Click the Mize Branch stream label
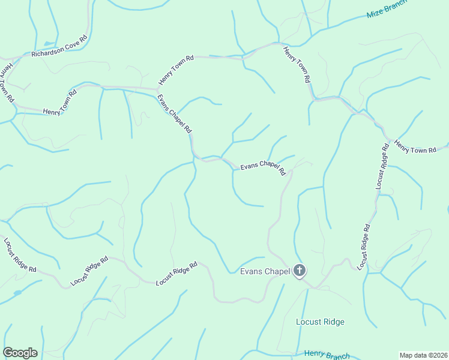(387, 9)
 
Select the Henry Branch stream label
(326, 355)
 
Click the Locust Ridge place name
(320, 322)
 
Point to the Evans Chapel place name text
(265, 271)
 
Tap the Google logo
(20, 353)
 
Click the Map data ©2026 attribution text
(423, 355)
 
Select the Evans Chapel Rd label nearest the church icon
(263, 167)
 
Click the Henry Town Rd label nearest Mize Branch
(297, 64)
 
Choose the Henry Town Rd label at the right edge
(415, 148)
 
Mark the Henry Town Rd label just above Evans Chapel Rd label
(176, 70)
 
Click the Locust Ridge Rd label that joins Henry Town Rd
(382, 167)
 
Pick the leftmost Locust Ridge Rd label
(20, 255)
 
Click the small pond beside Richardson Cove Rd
(48, 44)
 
